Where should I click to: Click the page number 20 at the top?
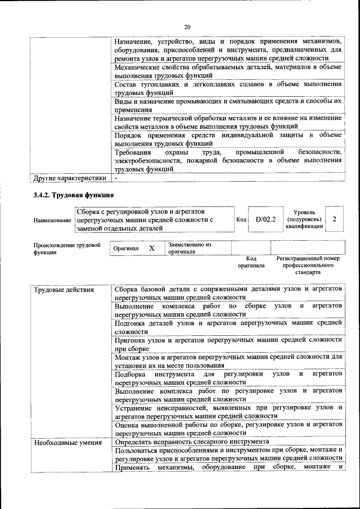[x=187, y=26]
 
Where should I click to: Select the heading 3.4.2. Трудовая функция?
[x=73, y=196]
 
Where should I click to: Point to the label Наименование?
[x=52, y=220]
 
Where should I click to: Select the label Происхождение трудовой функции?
[x=67, y=249]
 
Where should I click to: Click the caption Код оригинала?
[x=251, y=262]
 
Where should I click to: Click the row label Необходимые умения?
[x=67, y=442]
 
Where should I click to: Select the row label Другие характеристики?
[x=70, y=178]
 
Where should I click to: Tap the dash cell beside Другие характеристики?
[x=116, y=178]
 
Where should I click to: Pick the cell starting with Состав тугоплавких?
[x=228, y=88]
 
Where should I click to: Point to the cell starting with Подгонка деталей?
[x=228, y=327]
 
